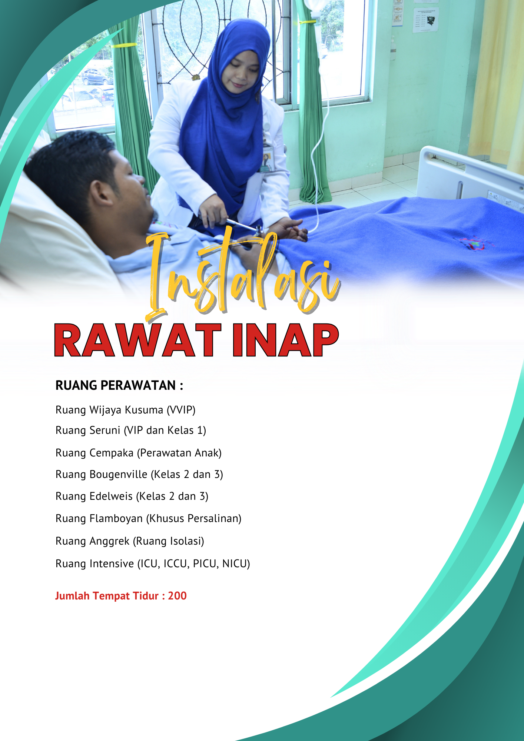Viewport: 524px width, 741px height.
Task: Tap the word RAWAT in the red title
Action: pyautogui.click(x=137, y=340)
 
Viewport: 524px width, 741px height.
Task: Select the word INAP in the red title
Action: pyautogui.click(x=285, y=340)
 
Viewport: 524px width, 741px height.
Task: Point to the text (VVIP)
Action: pyautogui.click(x=181, y=410)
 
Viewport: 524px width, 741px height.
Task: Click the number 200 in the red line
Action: pyautogui.click(x=177, y=596)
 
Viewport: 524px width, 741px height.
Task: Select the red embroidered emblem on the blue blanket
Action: pyautogui.click(x=473, y=243)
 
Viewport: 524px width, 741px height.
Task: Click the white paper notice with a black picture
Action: pyautogui.click(x=426, y=20)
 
